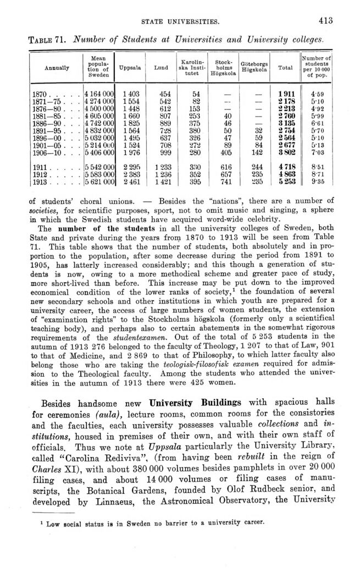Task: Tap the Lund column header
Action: click(162, 68)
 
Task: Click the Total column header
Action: click(285, 68)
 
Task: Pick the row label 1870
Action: click(42, 94)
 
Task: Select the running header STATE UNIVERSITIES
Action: click(180, 22)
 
